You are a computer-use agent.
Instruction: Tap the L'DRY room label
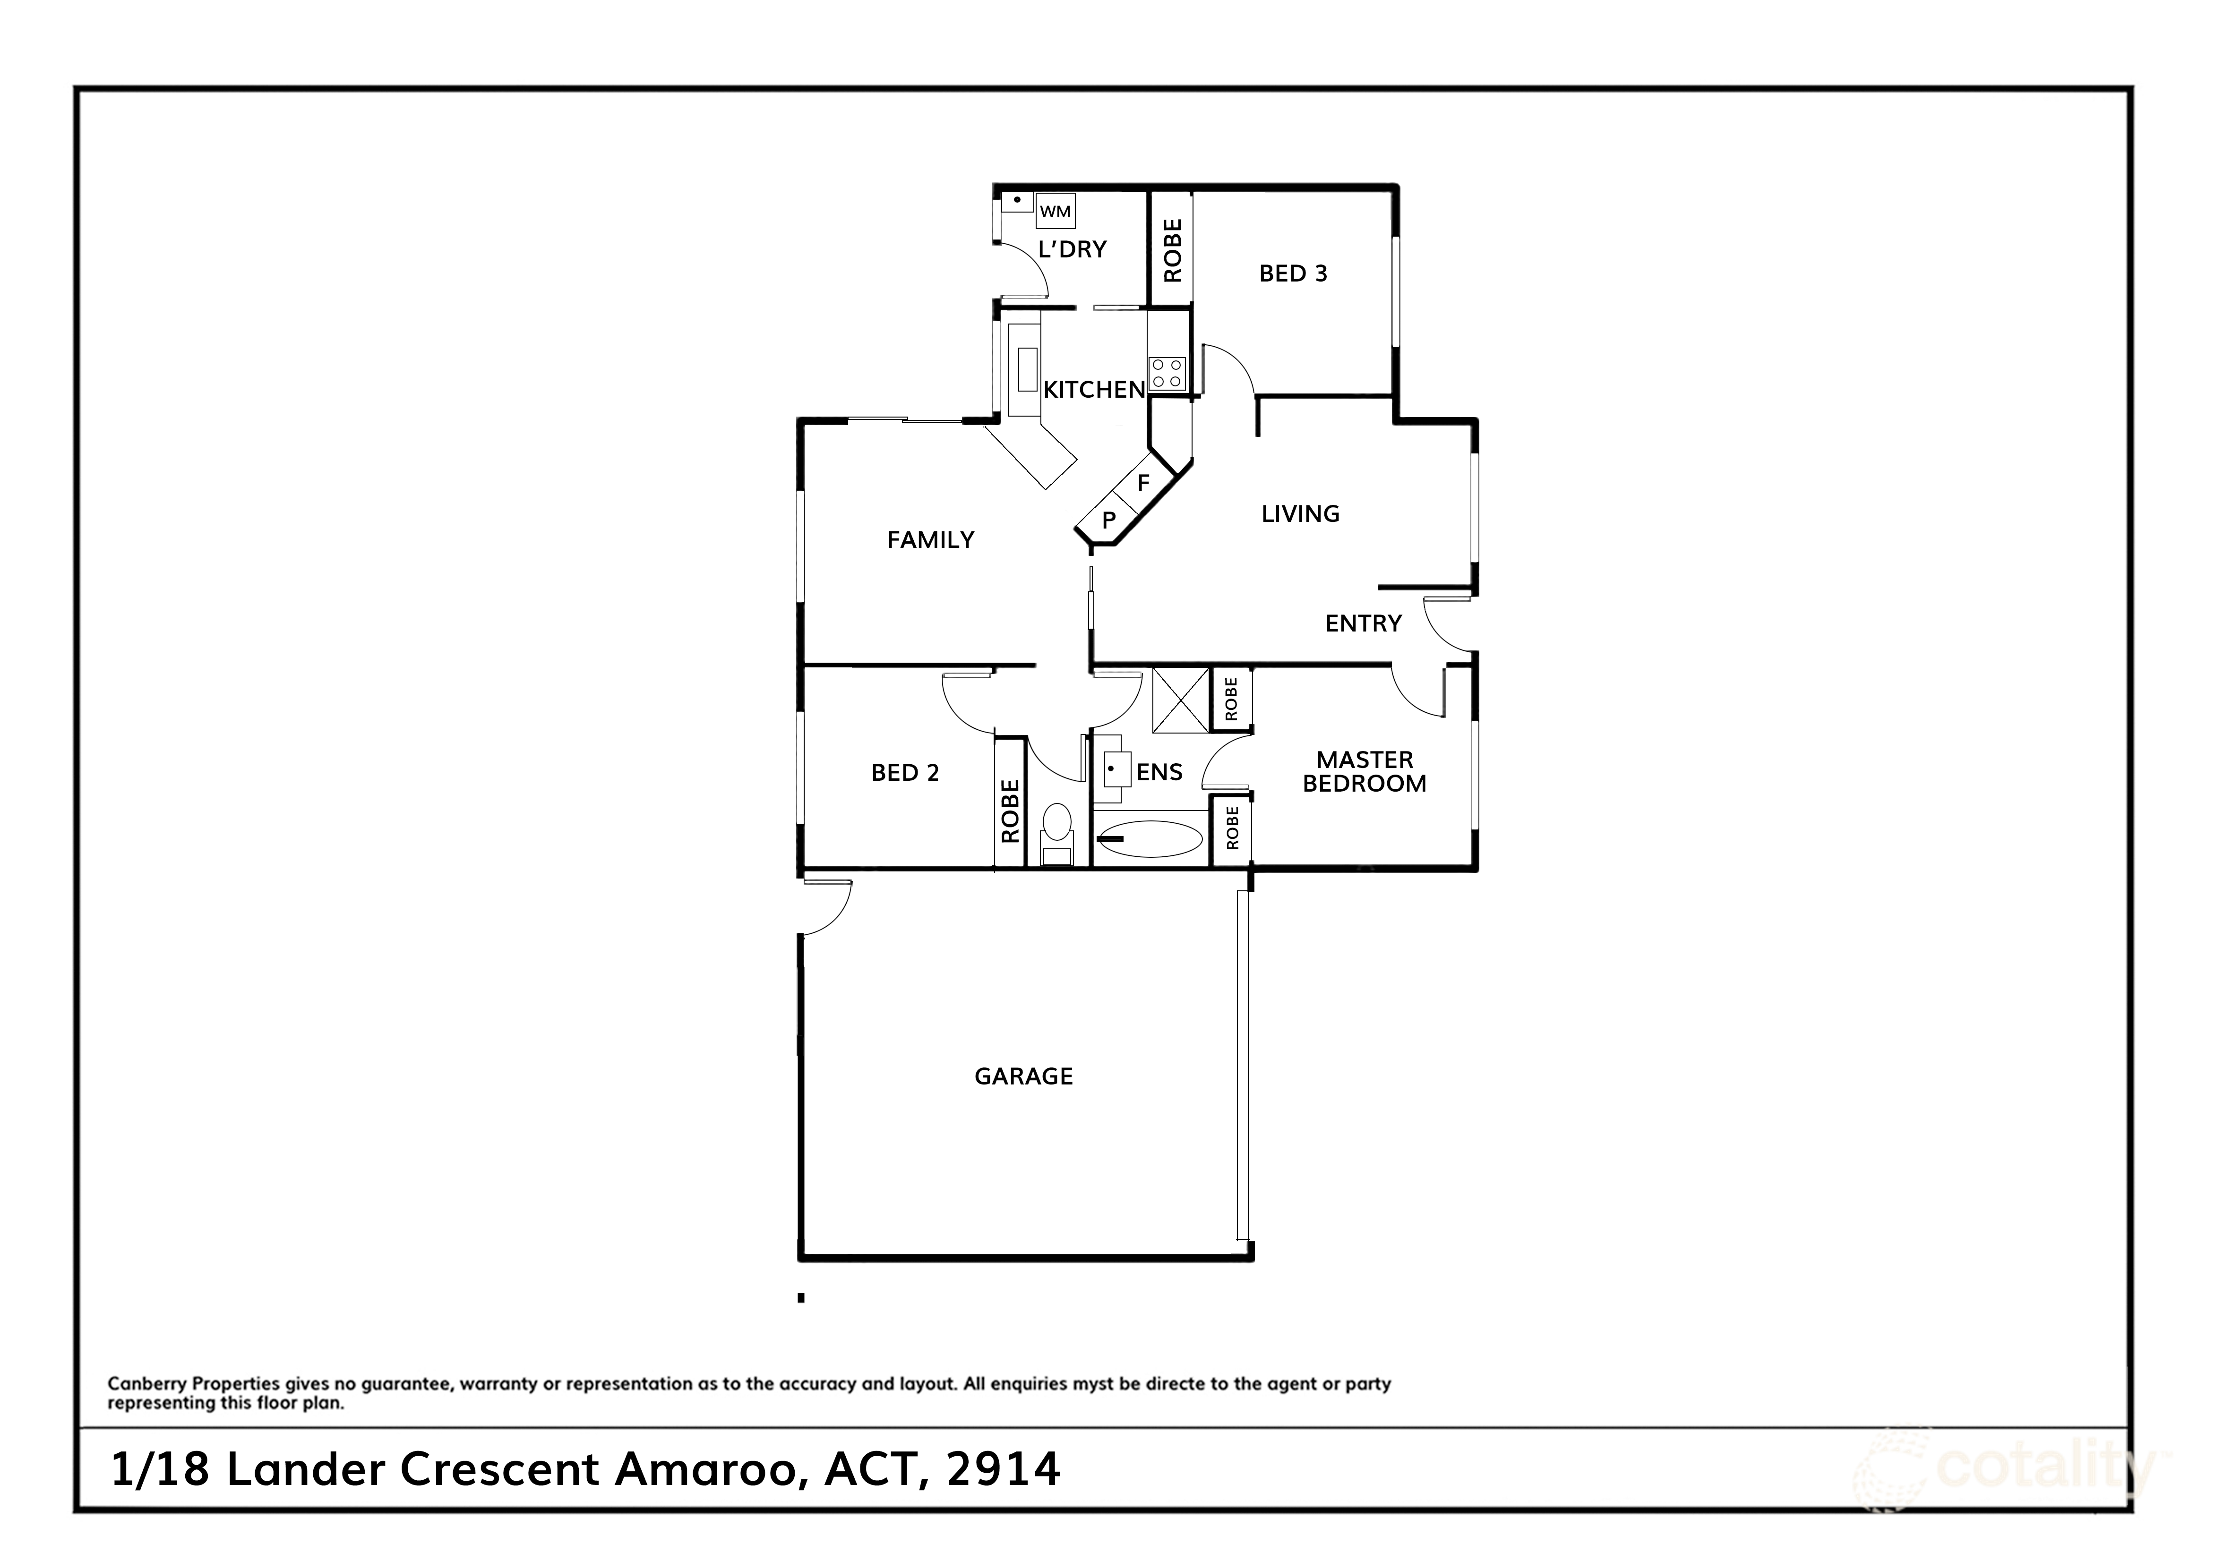(x=1072, y=250)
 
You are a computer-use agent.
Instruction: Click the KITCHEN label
(x=1094, y=390)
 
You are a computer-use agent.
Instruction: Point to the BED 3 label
(x=1293, y=274)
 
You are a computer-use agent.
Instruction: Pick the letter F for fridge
(x=1143, y=483)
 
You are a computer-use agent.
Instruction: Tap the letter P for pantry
(x=1108, y=521)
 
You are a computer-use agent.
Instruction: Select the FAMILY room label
(x=930, y=540)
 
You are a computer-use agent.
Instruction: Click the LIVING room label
(x=1300, y=514)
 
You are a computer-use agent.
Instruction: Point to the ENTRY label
(x=1363, y=624)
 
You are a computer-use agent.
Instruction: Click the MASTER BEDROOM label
(x=1364, y=772)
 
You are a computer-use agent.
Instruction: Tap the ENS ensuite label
(x=1159, y=773)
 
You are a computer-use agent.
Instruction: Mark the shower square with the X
(x=1180, y=700)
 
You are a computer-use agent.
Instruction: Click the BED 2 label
(x=904, y=774)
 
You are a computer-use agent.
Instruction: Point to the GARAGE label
(x=1024, y=1077)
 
